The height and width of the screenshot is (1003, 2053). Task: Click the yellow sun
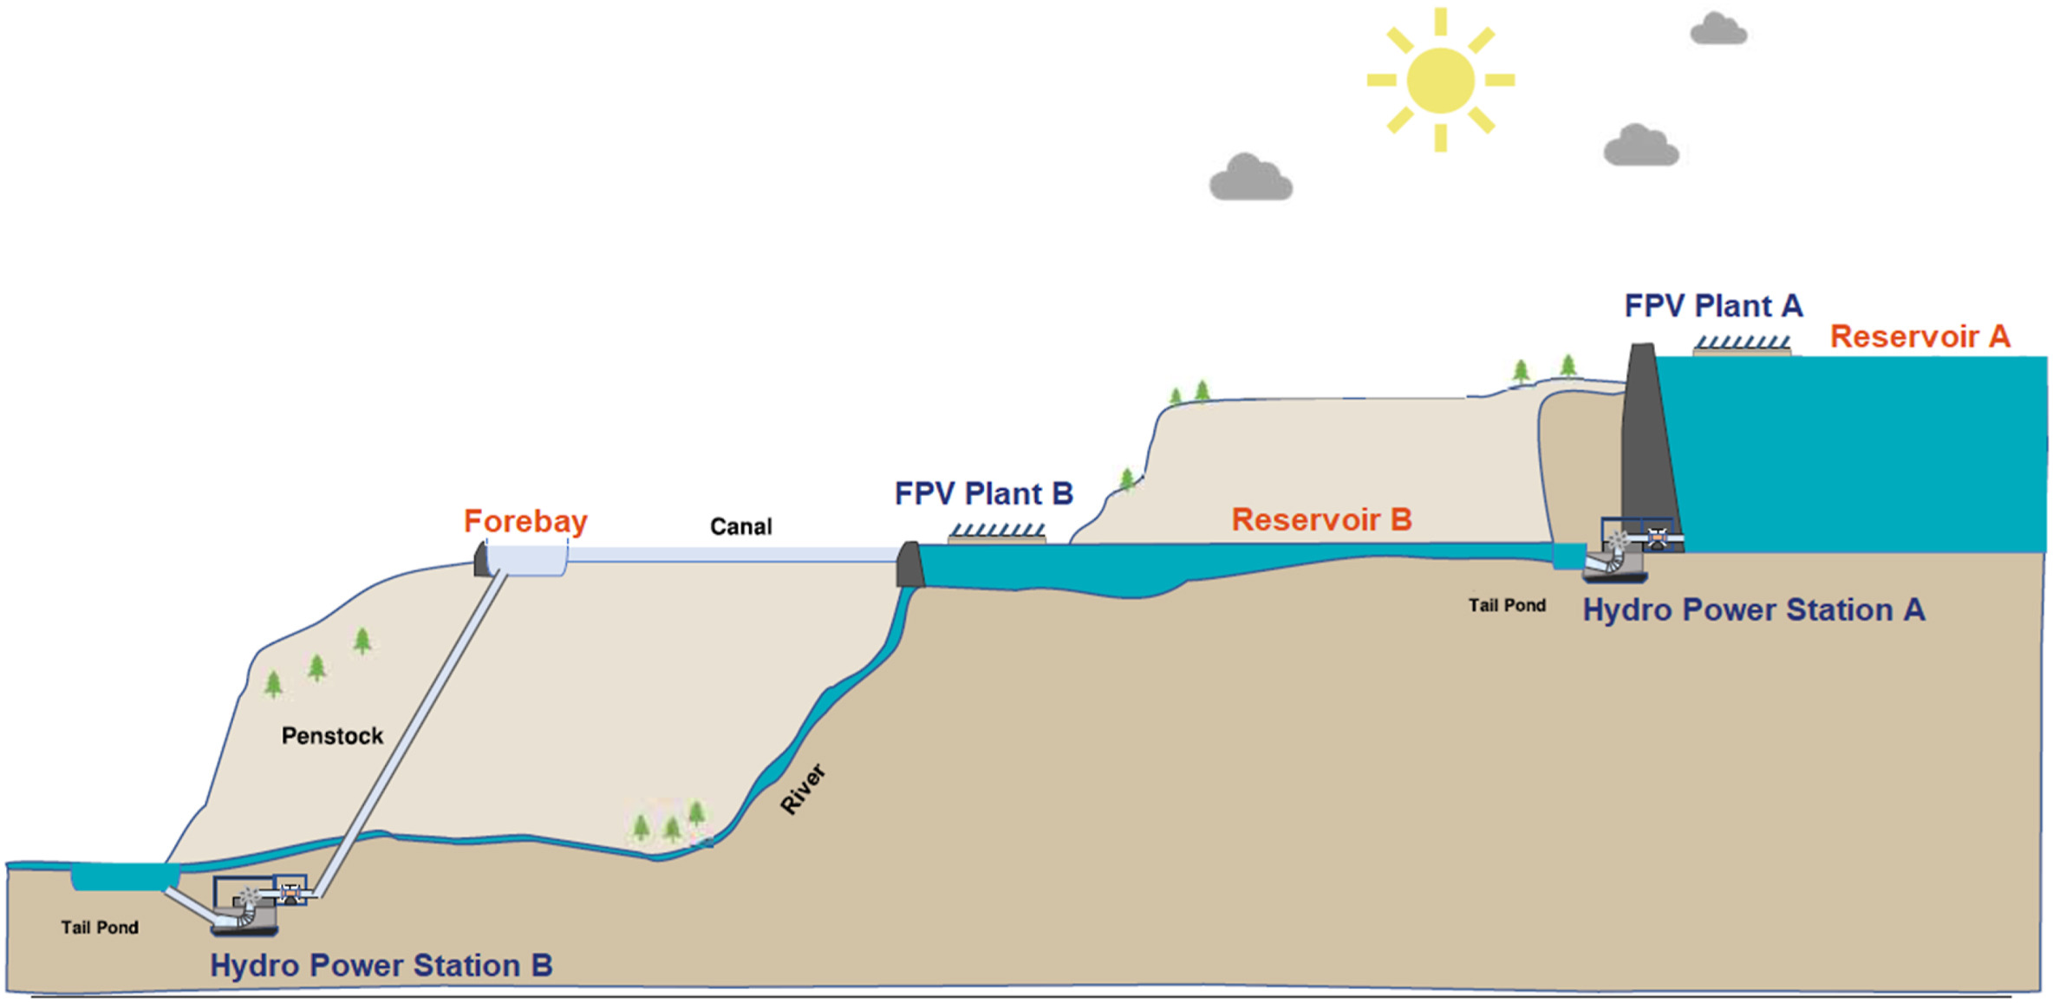[1440, 81]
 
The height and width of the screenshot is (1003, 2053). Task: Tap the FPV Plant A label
[1713, 306]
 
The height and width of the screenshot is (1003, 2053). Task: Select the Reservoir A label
[1919, 336]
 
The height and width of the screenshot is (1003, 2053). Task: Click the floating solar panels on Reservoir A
[1742, 346]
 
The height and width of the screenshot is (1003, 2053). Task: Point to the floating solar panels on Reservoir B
[997, 532]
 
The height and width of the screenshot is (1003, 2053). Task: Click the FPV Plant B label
[984, 494]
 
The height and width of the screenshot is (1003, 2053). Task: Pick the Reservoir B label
[1321, 519]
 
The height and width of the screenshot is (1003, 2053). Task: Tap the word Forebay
[525, 521]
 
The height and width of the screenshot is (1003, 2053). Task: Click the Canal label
[740, 526]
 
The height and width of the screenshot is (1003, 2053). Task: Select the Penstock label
[332, 736]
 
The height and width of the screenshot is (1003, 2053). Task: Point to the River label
[802, 790]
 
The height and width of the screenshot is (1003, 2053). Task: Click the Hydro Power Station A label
[1753, 610]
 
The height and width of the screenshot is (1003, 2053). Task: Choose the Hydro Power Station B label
[381, 966]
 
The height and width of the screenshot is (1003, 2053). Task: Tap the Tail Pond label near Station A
[1507, 605]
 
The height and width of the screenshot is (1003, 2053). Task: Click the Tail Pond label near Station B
[100, 928]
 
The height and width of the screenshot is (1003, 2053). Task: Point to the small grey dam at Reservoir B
[909, 564]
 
